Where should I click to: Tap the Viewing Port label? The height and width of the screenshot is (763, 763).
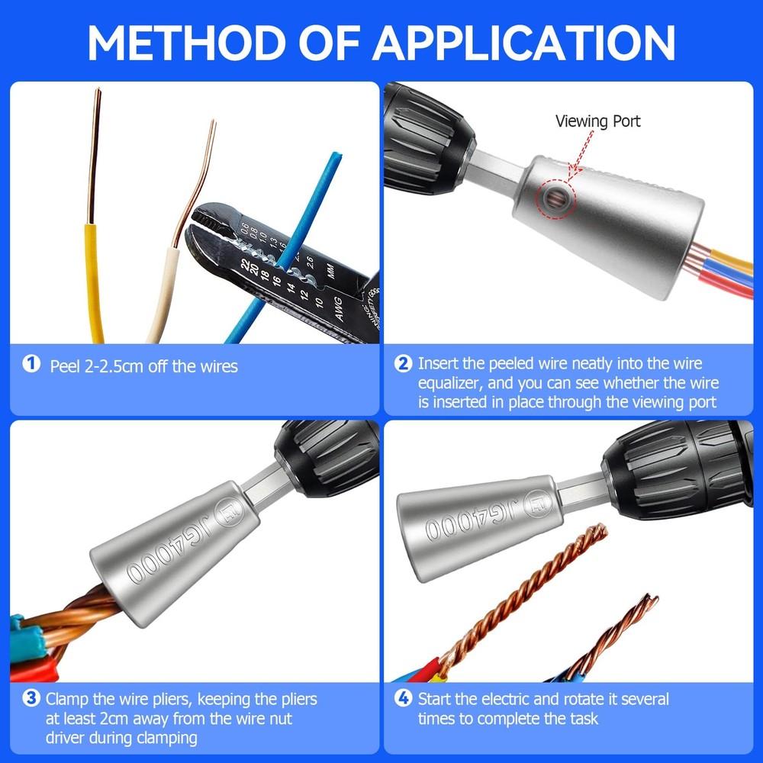pos(597,121)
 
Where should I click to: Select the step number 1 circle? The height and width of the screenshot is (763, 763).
pos(31,364)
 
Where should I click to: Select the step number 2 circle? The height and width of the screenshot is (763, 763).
pos(404,363)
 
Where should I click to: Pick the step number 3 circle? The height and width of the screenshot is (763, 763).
pos(31,697)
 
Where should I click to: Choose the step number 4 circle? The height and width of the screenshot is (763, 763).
pos(404,697)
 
